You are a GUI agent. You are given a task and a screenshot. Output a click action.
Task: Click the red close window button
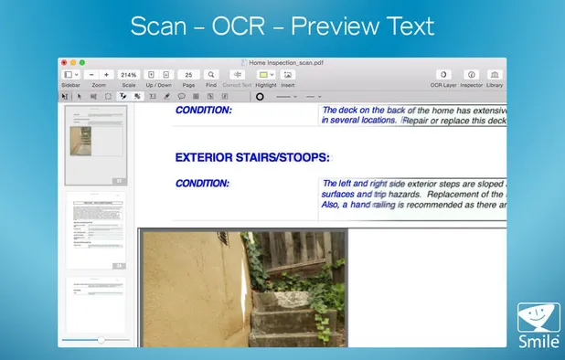click(x=64, y=62)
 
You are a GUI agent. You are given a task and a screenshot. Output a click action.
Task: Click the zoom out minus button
click(x=91, y=74)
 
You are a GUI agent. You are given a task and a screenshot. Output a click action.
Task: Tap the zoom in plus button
click(x=106, y=74)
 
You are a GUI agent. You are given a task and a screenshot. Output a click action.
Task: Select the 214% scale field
click(x=128, y=74)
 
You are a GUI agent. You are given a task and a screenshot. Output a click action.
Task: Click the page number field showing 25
click(x=188, y=74)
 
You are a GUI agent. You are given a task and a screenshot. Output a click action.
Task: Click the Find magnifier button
click(x=211, y=74)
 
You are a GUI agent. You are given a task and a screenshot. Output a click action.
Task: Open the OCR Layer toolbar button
click(x=442, y=74)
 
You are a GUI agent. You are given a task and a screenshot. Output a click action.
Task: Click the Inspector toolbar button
click(x=471, y=74)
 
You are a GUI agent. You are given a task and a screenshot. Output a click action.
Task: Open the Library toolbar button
click(x=495, y=74)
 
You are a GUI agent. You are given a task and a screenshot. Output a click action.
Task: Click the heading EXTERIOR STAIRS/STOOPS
click(x=251, y=158)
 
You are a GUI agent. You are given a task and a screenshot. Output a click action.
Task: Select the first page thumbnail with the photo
click(x=96, y=143)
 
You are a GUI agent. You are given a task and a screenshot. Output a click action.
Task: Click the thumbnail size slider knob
click(x=101, y=340)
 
